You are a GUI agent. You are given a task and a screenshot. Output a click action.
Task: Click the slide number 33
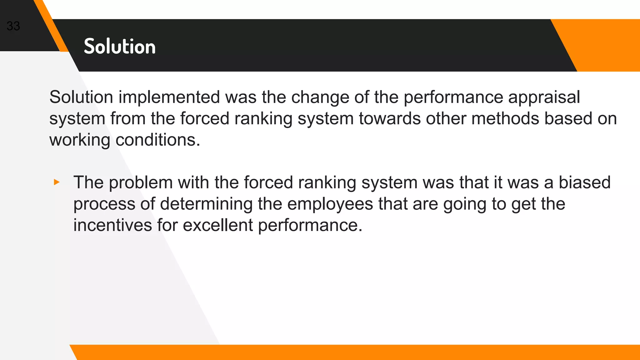pyautogui.click(x=13, y=26)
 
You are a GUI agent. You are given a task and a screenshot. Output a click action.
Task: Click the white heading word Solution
pyautogui.click(x=120, y=47)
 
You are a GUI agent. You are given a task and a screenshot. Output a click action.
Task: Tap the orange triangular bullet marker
pyautogui.click(x=57, y=182)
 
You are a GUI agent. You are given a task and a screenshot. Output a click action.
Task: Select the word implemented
pyautogui.click(x=169, y=97)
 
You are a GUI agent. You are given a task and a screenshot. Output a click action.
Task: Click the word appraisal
pyautogui.click(x=544, y=97)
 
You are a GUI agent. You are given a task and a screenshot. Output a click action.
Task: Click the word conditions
pyautogui.click(x=157, y=140)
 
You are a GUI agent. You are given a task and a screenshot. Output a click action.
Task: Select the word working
pyautogui.click(x=80, y=140)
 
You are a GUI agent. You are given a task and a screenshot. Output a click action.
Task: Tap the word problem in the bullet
pyautogui.click(x=141, y=183)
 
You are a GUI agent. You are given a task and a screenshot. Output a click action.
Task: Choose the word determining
pyautogui.click(x=206, y=204)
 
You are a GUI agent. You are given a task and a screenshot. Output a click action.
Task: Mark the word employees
pyautogui.click(x=330, y=204)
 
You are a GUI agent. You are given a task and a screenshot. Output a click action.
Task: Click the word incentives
pyautogui.click(x=112, y=225)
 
